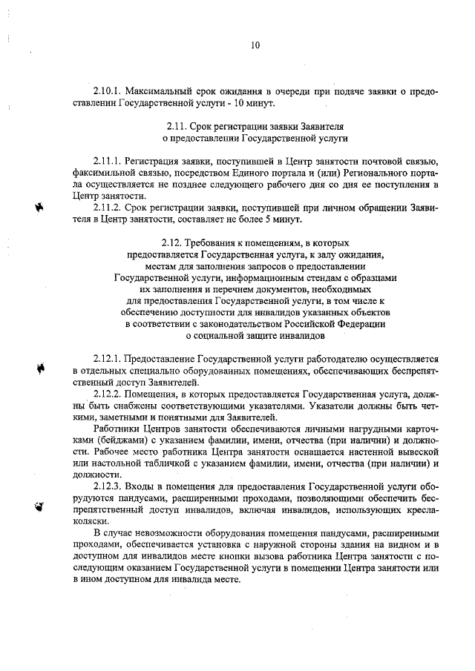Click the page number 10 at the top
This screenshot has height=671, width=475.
click(x=255, y=45)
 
